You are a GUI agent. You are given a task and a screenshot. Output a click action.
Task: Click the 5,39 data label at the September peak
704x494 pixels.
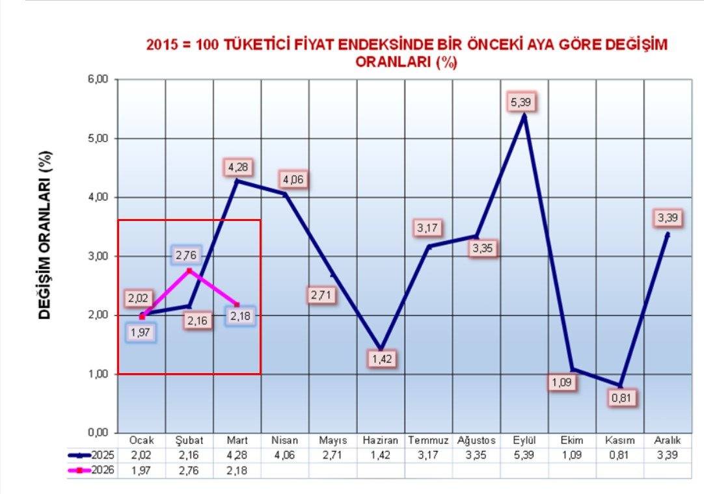click(x=524, y=103)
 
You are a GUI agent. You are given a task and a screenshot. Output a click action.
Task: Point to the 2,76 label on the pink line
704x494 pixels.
click(x=189, y=255)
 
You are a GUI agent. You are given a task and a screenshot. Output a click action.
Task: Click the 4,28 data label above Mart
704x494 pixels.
click(x=237, y=166)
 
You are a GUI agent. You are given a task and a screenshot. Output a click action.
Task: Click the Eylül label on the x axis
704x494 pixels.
click(x=524, y=441)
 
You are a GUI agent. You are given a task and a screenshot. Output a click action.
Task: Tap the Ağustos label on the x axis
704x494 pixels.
click(x=476, y=441)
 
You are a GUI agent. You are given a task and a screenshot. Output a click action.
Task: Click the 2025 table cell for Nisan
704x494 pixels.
click(x=285, y=455)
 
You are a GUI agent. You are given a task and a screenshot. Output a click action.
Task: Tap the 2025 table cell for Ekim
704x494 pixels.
click(x=572, y=455)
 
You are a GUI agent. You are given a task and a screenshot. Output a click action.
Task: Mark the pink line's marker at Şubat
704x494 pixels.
click(x=189, y=270)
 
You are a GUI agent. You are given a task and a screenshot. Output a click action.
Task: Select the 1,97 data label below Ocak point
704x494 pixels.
click(x=141, y=332)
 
